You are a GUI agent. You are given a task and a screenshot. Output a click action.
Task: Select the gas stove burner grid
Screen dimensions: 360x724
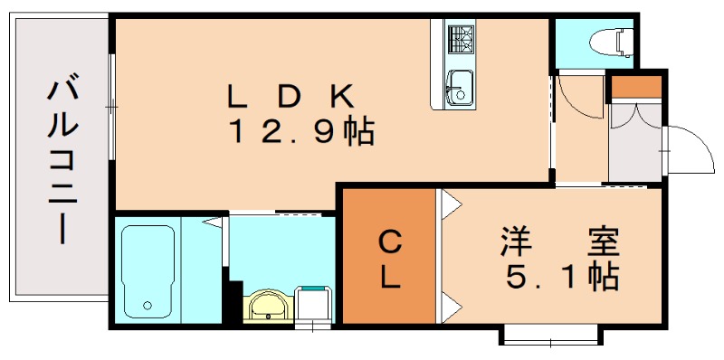coord(461,41)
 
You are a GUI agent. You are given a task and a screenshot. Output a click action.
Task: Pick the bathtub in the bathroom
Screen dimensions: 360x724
coord(147,270)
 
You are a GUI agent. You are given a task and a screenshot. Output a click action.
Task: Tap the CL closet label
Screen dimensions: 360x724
coord(389,260)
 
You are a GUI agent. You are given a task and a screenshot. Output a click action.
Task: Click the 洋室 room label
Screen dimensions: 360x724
coord(560,243)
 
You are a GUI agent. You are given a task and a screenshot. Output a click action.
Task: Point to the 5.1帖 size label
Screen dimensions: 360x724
coord(560,276)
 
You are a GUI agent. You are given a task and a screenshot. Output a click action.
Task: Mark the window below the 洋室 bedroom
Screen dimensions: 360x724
coord(550,335)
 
